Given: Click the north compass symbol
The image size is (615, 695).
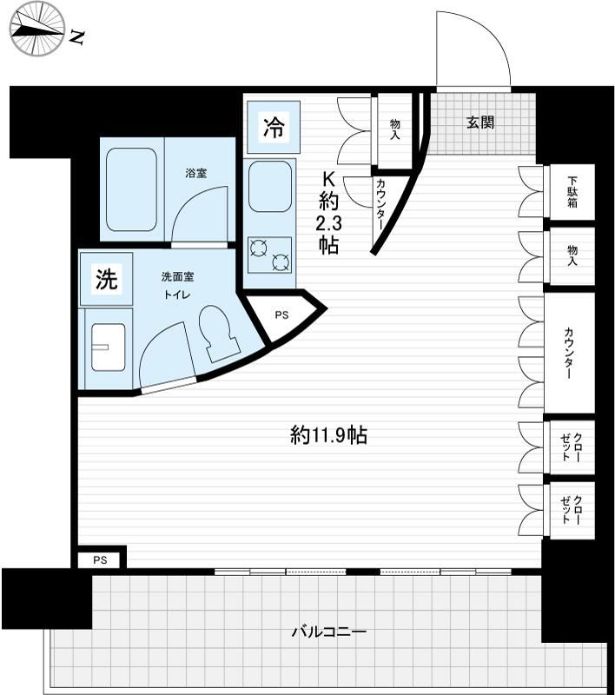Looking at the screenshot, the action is coord(38,30).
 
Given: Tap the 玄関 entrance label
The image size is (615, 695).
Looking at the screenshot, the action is coord(479,122).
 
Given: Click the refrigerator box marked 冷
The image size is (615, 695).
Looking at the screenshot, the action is coord(274,127).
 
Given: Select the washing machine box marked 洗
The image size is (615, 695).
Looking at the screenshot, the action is coord(106,279).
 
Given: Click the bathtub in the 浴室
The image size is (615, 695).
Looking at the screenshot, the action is coord(131,189).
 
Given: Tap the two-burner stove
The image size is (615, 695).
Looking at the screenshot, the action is coord(270,255).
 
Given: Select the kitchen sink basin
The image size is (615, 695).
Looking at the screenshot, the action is coord(270,187).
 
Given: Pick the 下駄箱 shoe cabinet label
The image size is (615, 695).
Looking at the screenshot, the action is coord(572,192).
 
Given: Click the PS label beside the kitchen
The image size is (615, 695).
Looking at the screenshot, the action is coord(281,315).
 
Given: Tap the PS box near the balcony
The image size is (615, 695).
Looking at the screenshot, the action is coord(100,560).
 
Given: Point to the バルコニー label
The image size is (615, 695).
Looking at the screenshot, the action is coord(328,632).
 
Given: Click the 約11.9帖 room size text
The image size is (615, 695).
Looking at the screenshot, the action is coord(328,435).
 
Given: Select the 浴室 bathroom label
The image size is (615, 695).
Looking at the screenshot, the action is coord(196,173).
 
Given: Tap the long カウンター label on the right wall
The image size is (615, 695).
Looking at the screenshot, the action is coord(568,353).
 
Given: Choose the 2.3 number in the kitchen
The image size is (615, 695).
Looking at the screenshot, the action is coord(328,224).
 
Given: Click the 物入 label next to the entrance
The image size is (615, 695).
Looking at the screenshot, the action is coord(394,129).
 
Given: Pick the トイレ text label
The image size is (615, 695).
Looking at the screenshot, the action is coord(177,295).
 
